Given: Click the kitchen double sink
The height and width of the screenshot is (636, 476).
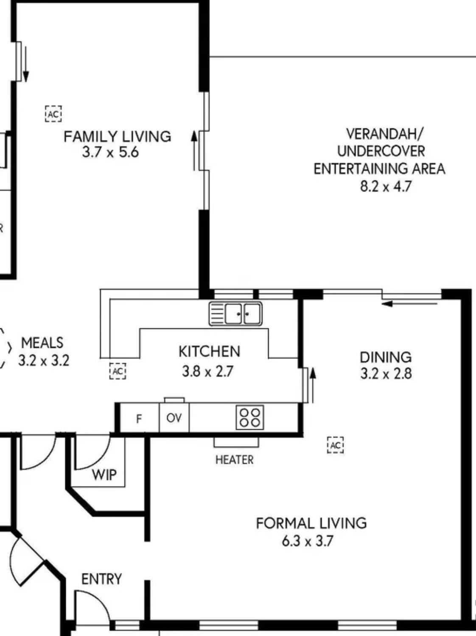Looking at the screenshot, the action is (x=235, y=314).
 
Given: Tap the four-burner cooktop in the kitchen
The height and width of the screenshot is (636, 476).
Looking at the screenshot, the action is (x=250, y=417).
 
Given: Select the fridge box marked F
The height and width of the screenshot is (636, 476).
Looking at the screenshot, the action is (x=139, y=418).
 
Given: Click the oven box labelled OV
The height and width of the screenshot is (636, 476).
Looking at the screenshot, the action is (x=174, y=418).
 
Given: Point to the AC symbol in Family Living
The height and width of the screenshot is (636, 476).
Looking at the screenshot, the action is (x=53, y=114).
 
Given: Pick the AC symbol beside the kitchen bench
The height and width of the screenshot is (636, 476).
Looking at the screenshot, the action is (x=118, y=371).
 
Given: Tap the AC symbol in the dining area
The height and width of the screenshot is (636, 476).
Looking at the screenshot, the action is (x=336, y=445).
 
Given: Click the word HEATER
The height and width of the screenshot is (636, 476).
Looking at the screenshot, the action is (x=234, y=460).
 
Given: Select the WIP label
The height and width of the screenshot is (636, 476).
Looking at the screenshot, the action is (x=104, y=475).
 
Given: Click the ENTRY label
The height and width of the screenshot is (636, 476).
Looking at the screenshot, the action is (x=101, y=579).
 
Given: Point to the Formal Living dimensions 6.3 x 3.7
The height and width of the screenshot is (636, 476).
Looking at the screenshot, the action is (x=308, y=541).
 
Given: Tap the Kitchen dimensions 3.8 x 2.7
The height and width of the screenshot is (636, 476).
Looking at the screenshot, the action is (x=208, y=371).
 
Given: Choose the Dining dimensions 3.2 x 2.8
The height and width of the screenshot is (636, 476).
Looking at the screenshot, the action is (x=386, y=373).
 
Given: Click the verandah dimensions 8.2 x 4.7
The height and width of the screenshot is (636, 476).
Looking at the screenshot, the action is (x=386, y=186).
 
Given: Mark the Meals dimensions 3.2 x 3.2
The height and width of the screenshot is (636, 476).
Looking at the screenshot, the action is (x=44, y=361).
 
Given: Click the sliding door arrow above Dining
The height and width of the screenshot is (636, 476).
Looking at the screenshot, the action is (x=409, y=304).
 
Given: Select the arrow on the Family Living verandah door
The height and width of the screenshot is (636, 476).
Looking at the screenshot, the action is (x=194, y=151).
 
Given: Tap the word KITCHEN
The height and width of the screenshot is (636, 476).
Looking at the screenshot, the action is (x=210, y=351).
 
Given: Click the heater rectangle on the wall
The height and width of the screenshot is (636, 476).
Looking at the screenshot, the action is (x=236, y=442).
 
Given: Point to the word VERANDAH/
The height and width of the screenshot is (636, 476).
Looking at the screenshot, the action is (x=385, y=133).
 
